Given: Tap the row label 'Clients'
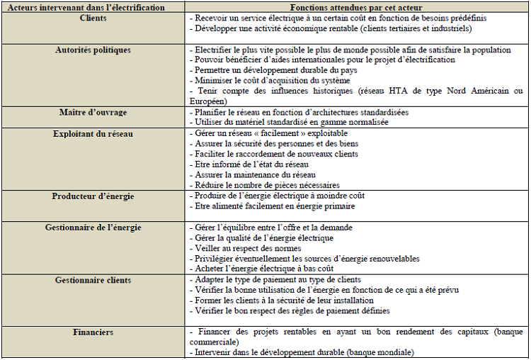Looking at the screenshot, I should tap(93, 18).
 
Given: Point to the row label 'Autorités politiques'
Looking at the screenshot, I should tap(93, 50).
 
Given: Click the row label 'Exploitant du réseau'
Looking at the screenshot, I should tap(93, 133).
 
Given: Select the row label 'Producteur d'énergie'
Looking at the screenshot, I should tap(93, 196).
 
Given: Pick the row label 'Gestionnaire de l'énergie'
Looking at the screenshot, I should tap(93, 227).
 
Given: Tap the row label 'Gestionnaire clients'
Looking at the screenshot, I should tap(93, 280).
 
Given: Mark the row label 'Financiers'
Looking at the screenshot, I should tap(93, 332).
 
